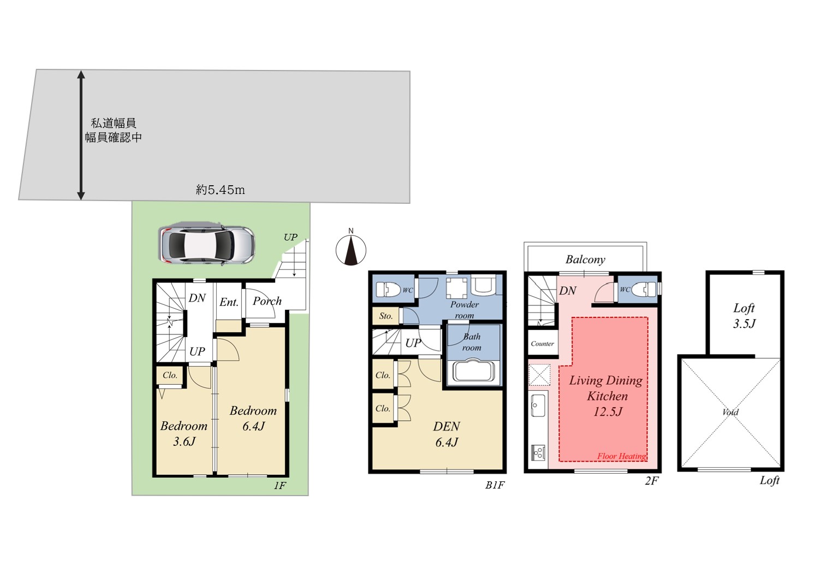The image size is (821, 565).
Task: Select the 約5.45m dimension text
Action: (221, 190)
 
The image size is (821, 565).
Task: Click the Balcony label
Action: (585, 260)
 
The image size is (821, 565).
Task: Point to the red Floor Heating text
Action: (622, 456)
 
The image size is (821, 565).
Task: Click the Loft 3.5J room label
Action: (744, 315)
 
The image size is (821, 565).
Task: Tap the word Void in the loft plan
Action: (730, 412)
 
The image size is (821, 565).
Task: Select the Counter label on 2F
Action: (543, 344)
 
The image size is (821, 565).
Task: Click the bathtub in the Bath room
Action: (474, 371)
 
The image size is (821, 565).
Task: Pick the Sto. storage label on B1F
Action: (385, 316)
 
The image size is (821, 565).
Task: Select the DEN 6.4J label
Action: (447, 434)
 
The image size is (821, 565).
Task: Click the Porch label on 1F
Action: (267, 301)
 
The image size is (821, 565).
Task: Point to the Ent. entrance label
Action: (229, 302)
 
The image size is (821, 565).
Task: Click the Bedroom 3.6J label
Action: (184, 433)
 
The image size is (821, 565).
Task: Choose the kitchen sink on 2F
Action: (538, 405)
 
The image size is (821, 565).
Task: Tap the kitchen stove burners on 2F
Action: (538, 452)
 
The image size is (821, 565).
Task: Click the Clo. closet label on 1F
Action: (170, 375)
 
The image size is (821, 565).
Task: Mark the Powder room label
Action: (465, 310)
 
